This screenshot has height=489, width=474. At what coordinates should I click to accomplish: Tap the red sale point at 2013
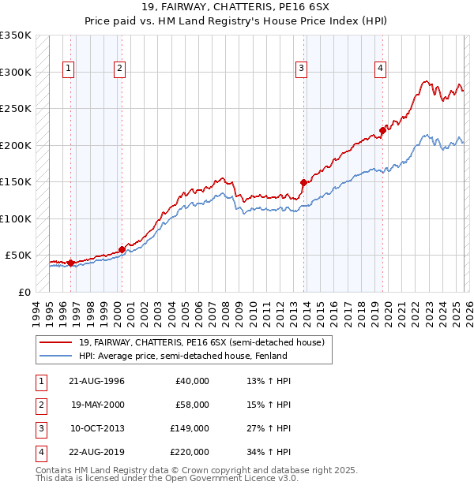pyautogui.click(x=303, y=182)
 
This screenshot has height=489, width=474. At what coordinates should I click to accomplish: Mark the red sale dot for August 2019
pyautogui.click(x=382, y=130)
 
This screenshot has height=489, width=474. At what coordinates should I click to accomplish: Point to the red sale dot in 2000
pyautogui.click(x=122, y=249)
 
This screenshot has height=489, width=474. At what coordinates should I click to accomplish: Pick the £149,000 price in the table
pyautogui.click(x=190, y=428)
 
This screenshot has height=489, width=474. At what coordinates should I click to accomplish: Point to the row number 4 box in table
pyautogui.click(x=39, y=452)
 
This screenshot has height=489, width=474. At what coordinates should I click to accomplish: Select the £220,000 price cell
pyautogui.click(x=190, y=452)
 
